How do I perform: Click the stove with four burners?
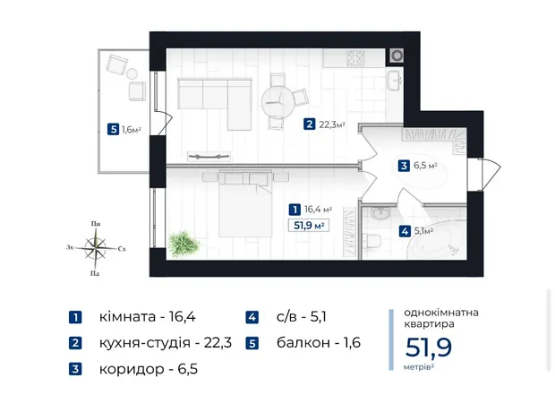(x=355, y=58)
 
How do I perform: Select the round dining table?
(x=277, y=101)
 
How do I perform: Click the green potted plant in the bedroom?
(x=184, y=244)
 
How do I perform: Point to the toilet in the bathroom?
(x=373, y=241)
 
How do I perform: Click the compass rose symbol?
(x=96, y=247)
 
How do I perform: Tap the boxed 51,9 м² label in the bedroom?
(x=309, y=226)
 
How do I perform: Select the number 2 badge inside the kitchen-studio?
(x=309, y=124)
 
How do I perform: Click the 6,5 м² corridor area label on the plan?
(x=425, y=166)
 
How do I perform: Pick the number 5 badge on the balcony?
(x=114, y=129)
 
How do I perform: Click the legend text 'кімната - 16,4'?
(x=147, y=317)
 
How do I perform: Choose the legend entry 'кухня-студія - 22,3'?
(x=166, y=342)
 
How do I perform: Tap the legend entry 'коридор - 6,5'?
(x=149, y=369)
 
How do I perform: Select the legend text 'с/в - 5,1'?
(x=301, y=317)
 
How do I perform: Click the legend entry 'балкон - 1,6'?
(x=319, y=343)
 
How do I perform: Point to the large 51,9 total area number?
(x=428, y=348)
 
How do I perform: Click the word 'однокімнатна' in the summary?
(x=441, y=313)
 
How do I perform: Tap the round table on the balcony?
(x=132, y=73)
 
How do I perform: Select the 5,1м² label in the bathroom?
(x=424, y=231)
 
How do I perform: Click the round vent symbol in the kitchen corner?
(x=397, y=56)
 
